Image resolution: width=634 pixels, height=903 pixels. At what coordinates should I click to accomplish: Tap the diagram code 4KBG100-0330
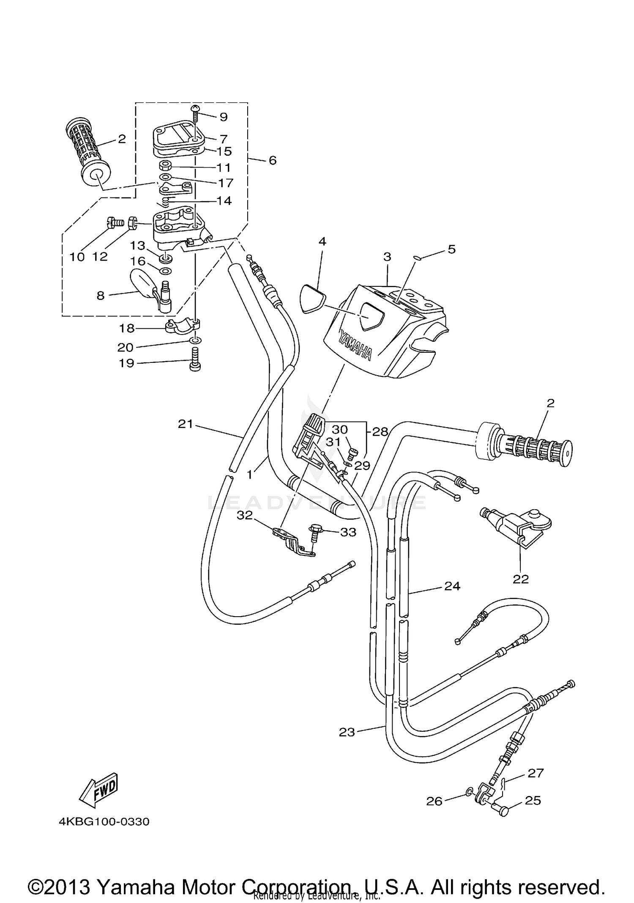click(x=104, y=822)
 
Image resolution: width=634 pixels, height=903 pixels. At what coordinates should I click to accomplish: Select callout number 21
click(x=185, y=423)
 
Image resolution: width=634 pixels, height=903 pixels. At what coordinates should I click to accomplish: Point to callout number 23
click(x=347, y=732)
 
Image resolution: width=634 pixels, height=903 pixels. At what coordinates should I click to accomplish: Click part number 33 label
click(x=348, y=532)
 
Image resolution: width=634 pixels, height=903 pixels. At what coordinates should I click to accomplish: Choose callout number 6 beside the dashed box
click(x=272, y=160)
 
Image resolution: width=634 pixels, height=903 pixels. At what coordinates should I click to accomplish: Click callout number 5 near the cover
click(x=451, y=249)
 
